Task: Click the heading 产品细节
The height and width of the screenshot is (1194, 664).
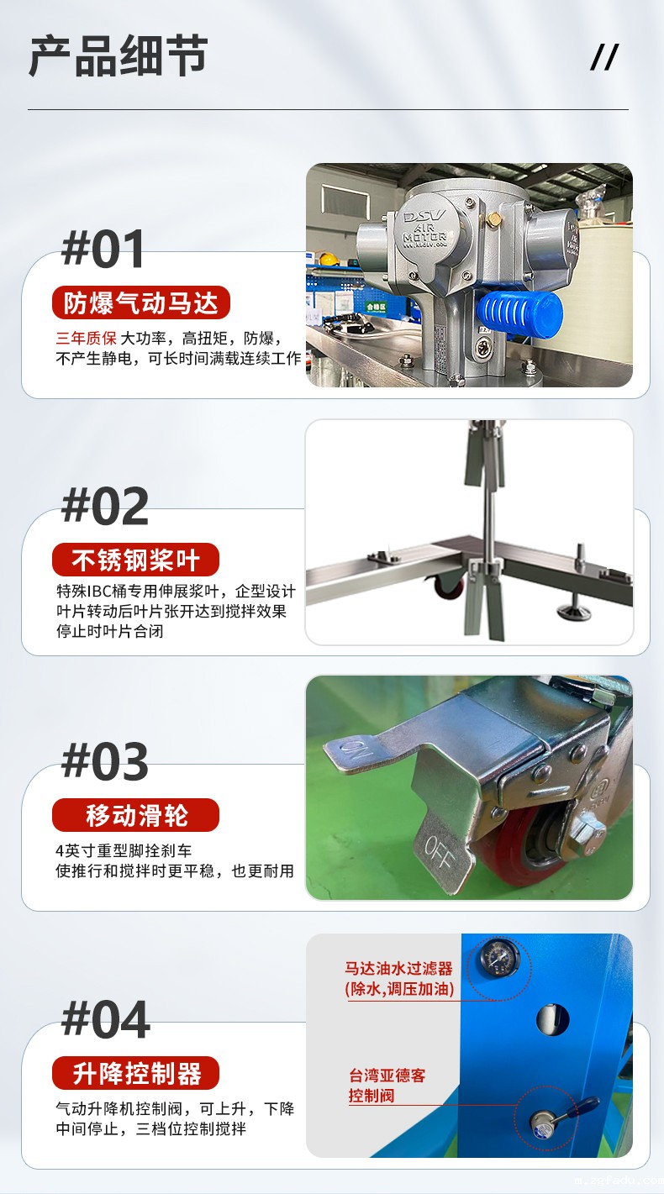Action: [118, 56]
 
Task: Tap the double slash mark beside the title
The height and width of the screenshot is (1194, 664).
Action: [604, 57]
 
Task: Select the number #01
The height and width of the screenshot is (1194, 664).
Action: [103, 249]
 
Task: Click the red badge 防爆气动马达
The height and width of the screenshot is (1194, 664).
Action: [141, 302]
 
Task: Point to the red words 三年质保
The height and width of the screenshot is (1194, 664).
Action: [87, 338]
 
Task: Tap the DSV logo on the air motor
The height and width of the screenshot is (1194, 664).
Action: [424, 218]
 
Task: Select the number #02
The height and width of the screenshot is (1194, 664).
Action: [104, 506]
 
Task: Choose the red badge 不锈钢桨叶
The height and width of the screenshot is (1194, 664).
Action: [135, 560]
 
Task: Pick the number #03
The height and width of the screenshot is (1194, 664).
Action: [104, 761]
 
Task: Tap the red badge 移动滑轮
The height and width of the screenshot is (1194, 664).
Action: [135, 815]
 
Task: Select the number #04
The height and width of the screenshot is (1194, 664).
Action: [105, 1018]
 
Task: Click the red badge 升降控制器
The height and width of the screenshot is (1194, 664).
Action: [135, 1073]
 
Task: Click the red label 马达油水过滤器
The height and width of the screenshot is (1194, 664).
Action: [398, 968]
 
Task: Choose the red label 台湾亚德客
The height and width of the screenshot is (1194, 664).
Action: [387, 1076]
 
